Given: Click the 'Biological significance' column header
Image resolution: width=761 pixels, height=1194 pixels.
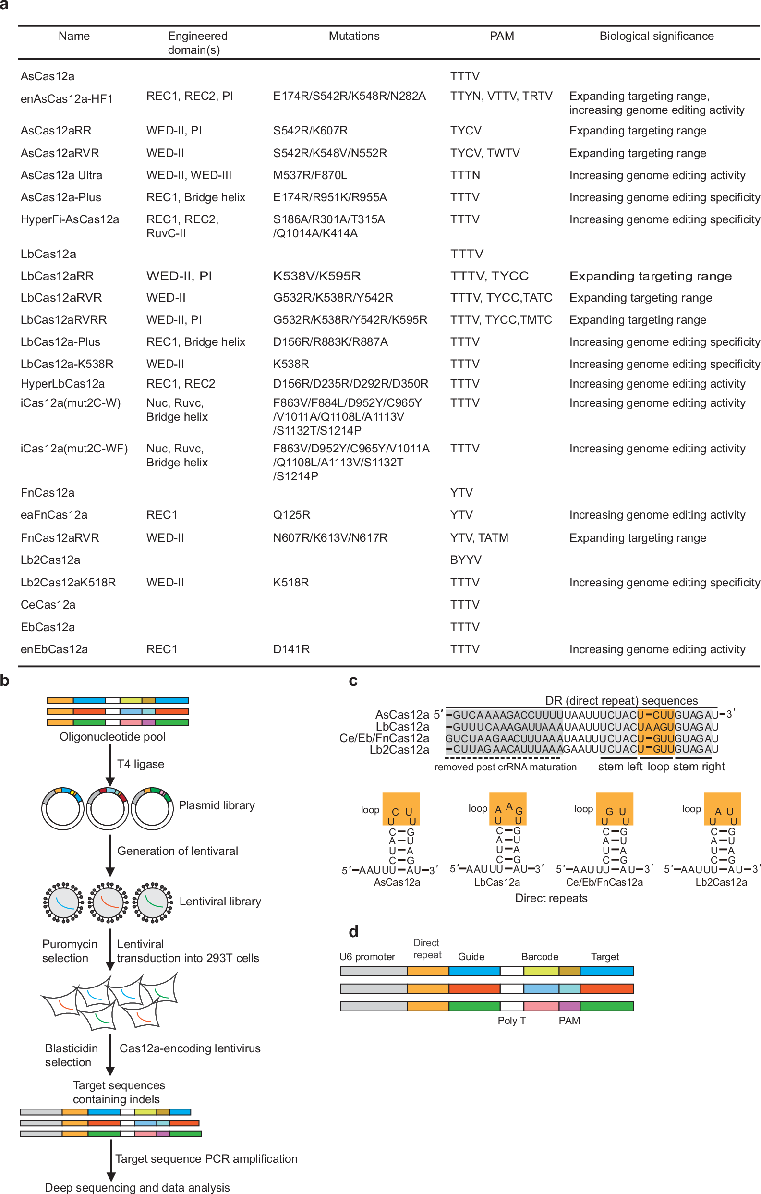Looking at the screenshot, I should pyautogui.click(x=656, y=36).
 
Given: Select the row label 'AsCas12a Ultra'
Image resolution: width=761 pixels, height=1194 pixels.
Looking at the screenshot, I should pyautogui.click(x=61, y=175).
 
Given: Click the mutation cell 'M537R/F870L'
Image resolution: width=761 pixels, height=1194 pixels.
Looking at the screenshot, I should pyautogui.click(x=310, y=175).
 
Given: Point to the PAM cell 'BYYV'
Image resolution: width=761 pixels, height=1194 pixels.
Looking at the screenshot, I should pyautogui.click(x=466, y=560).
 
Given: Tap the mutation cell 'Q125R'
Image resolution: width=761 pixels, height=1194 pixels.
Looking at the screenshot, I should pyautogui.click(x=291, y=515).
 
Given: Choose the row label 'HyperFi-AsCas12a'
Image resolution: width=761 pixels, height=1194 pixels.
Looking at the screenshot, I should pyautogui.click(x=70, y=219).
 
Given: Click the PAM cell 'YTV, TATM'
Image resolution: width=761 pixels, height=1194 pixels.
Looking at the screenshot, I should pyautogui.click(x=479, y=537).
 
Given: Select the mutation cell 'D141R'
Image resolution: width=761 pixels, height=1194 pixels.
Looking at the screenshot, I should pyautogui.click(x=291, y=649).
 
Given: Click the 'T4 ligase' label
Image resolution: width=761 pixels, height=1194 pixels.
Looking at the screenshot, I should pyautogui.click(x=140, y=764).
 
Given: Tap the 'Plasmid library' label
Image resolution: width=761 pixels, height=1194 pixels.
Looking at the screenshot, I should pyautogui.click(x=217, y=805).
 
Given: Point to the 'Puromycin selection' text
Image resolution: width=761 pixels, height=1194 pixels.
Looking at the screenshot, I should pyautogui.click(x=70, y=950).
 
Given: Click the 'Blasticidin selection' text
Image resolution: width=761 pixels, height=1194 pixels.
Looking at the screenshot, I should pyautogui.click(x=71, y=1055).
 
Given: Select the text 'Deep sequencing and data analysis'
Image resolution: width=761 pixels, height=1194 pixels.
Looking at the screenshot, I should pyautogui.click(x=137, y=1187).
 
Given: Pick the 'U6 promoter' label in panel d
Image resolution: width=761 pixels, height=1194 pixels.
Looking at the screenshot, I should pyautogui.click(x=367, y=956).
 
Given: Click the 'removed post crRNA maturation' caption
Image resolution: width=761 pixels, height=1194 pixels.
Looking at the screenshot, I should pyautogui.click(x=505, y=767).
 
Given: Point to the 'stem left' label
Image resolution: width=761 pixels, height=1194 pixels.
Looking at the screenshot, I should pyautogui.click(x=620, y=767).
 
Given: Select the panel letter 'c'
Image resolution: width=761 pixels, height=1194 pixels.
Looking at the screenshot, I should pyautogui.click(x=353, y=681).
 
